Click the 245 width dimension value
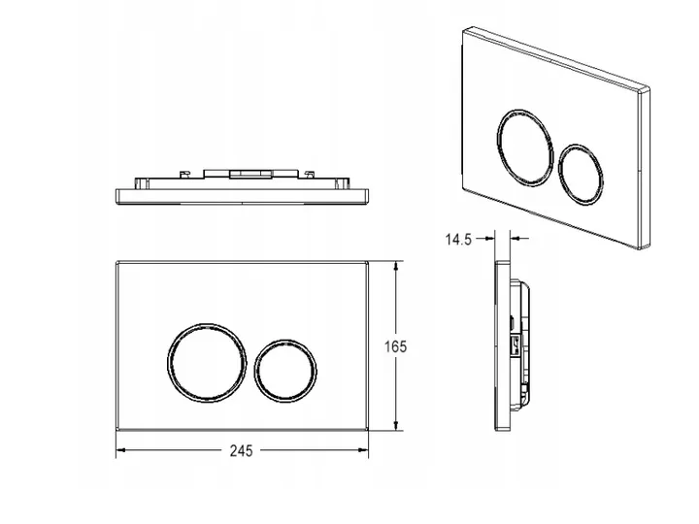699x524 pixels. pyautogui.click(x=241, y=451)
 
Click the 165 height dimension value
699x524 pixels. pyautogui.click(x=395, y=346)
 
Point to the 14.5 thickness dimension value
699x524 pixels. pyautogui.click(x=458, y=240)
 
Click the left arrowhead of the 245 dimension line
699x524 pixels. pyautogui.click(x=121, y=450)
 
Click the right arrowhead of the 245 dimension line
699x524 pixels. pyautogui.click(x=363, y=450)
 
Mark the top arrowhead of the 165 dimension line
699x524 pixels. pyautogui.click(x=396, y=267)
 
